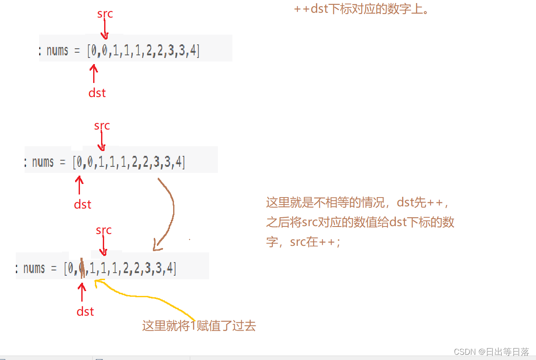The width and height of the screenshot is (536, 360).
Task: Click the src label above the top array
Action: pyautogui.click(x=105, y=14)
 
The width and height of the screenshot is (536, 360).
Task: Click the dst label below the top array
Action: pyautogui.click(x=97, y=93)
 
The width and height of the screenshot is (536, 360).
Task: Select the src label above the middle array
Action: pyautogui.click(x=102, y=126)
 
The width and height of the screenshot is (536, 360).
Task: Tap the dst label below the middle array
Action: pyautogui.click(x=83, y=205)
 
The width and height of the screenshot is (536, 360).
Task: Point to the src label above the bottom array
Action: pyautogui.click(x=104, y=230)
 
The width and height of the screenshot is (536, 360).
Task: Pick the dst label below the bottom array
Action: pyautogui.click(x=85, y=312)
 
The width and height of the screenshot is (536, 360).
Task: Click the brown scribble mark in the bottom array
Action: pyautogui.click(x=82, y=267)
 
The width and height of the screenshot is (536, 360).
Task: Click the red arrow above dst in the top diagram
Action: pyautogui.click(x=93, y=74)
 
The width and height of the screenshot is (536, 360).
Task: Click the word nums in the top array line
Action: pyautogui.click(x=57, y=51)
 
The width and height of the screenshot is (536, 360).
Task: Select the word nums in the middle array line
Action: pyautogui.click(x=43, y=162)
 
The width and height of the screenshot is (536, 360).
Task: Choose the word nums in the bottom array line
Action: pyautogui.click(x=34, y=268)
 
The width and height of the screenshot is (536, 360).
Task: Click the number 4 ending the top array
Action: pyautogui.click(x=193, y=51)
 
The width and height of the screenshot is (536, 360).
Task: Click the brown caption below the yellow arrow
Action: pyautogui.click(x=199, y=326)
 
